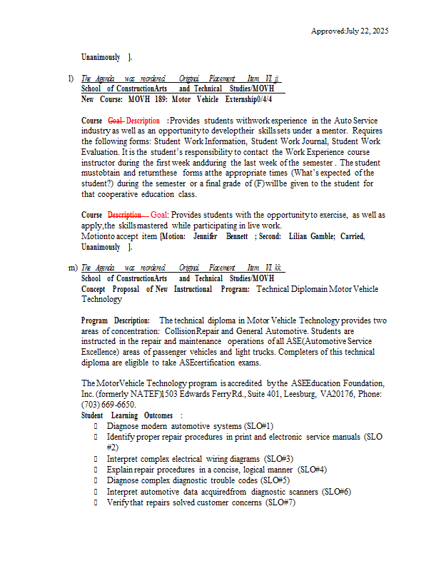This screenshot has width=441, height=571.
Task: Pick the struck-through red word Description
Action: click(x=124, y=215)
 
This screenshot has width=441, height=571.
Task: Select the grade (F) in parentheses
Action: click(x=256, y=184)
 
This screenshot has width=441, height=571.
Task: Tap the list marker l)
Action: click(x=71, y=78)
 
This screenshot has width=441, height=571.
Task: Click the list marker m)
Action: click(x=72, y=268)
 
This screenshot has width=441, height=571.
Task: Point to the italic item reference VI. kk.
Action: click(x=274, y=268)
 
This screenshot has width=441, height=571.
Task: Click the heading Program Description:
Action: click(x=116, y=321)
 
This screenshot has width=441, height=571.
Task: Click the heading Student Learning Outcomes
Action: click(x=127, y=415)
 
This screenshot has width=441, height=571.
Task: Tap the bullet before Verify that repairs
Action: click(x=96, y=502)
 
